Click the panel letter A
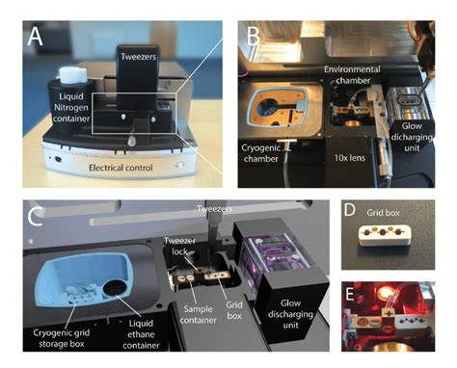pyautogui.click(x=35, y=36)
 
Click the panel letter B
pyautogui.click(x=253, y=36)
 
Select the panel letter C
pyautogui.click(x=35, y=217)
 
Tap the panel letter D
pyautogui.click(x=350, y=210)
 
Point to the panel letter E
pyautogui.click(x=349, y=294)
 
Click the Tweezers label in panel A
pyautogui.click(x=138, y=57)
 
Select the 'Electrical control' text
pyautogui.click(x=121, y=168)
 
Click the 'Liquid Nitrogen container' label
pyautogui.click(x=71, y=108)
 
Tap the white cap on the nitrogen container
pyautogui.click(x=72, y=74)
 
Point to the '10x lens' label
pyautogui.click(x=350, y=158)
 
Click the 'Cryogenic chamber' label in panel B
pyautogui.click(x=260, y=153)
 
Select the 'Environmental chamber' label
pyautogui.click(x=352, y=75)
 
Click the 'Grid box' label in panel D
pyautogui.click(x=383, y=213)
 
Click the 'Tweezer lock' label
pyautogui.click(x=179, y=246)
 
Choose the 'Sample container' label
pyautogui.click(x=198, y=315)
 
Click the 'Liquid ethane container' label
pyautogui.click(x=141, y=334)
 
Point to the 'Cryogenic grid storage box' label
pyautogui.click(x=62, y=338)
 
